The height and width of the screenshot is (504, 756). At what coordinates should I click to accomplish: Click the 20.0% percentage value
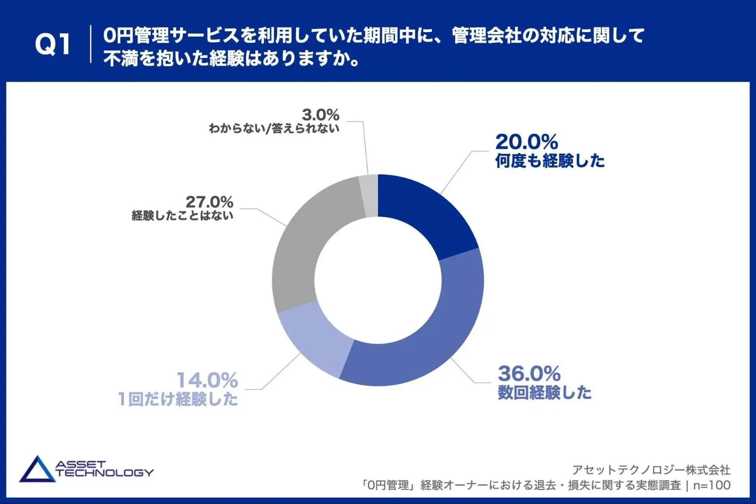526,142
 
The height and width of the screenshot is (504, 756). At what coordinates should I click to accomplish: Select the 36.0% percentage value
529,373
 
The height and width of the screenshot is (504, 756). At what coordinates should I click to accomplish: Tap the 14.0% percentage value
207,380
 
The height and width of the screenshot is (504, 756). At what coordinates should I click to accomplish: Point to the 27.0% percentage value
209,202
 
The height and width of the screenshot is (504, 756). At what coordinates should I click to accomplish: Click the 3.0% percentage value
321,115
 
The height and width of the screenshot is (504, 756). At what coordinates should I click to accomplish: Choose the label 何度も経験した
550,161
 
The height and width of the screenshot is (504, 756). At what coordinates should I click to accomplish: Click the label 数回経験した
544,393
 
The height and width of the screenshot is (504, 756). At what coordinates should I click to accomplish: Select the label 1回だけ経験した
178,399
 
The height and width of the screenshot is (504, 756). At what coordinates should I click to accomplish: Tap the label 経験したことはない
183,216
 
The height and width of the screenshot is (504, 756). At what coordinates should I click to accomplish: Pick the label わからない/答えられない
274,128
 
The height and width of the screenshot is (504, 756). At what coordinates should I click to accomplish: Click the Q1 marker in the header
53,44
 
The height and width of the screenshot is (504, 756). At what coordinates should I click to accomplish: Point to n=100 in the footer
712,485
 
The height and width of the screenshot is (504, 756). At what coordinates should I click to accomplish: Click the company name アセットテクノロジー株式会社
651,470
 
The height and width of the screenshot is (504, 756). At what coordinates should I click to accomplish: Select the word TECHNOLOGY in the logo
105,473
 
